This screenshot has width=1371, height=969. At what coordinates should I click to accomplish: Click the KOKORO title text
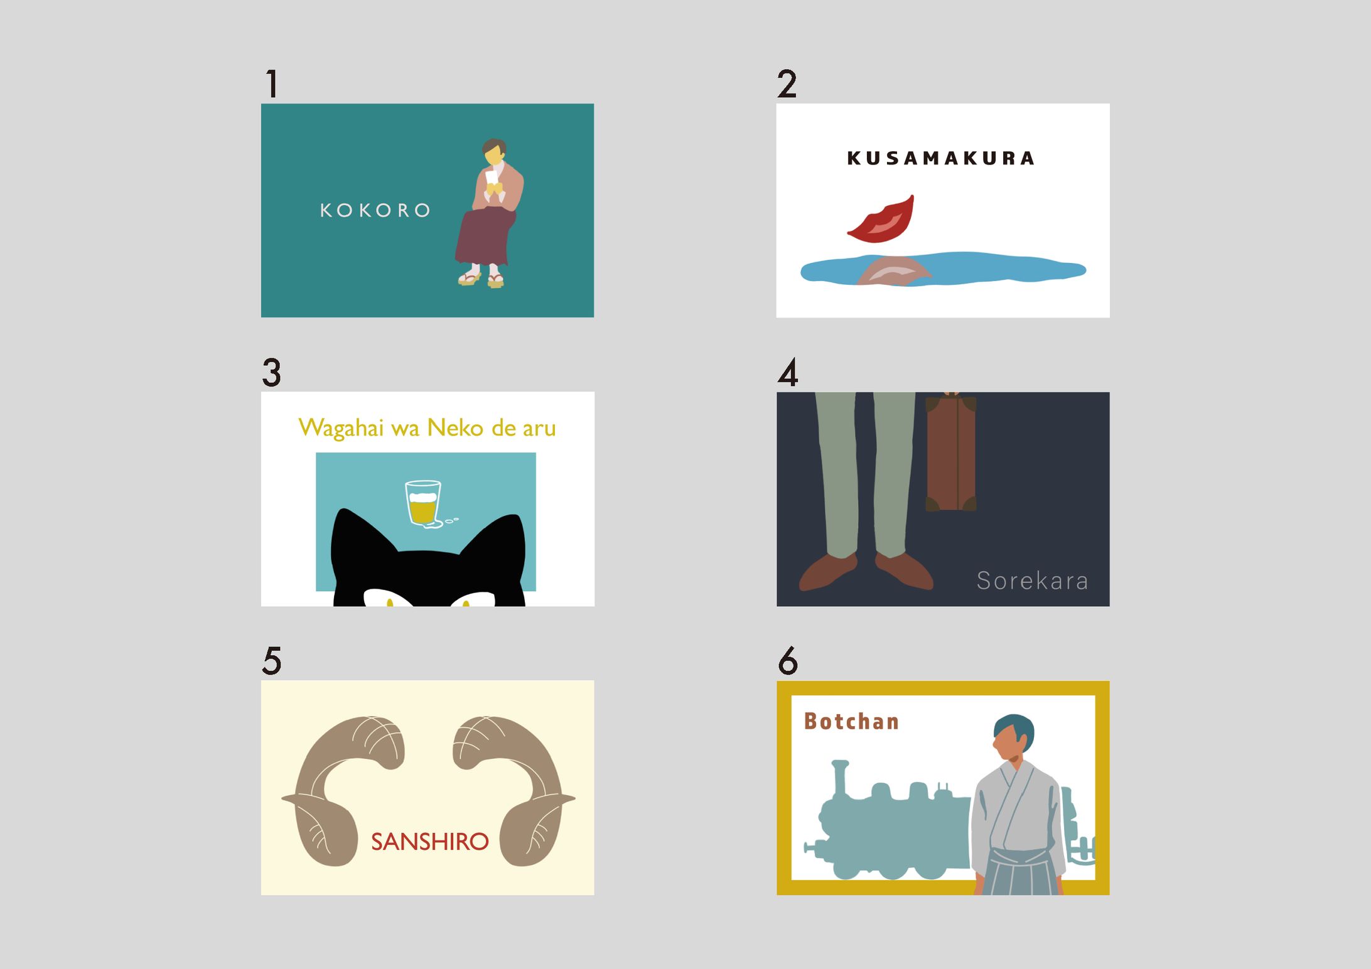(x=375, y=210)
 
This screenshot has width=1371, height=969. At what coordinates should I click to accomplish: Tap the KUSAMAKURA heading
(x=940, y=158)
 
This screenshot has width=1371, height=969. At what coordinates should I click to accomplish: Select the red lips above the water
(x=882, y=220)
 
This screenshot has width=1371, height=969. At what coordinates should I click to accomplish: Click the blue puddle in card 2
(x=943, y=269)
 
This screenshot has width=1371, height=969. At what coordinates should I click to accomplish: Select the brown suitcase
(x=952, y=452)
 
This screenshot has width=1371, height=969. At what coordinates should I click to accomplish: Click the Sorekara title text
(x=1032, y=581)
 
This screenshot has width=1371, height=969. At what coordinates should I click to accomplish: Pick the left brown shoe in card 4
(x=827, y=571)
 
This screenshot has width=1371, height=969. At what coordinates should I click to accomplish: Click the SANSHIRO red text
(x=430, y=842)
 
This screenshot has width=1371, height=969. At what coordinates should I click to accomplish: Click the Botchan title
(x=851, y=722)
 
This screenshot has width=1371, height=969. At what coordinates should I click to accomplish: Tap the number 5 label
(x=272, y=661)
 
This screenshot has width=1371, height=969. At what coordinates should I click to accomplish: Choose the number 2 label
(x=787, y=84)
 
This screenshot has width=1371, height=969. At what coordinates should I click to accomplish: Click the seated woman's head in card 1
(x=494, y=151)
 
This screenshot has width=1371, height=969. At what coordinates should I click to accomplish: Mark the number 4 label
(x=788, y=372)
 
